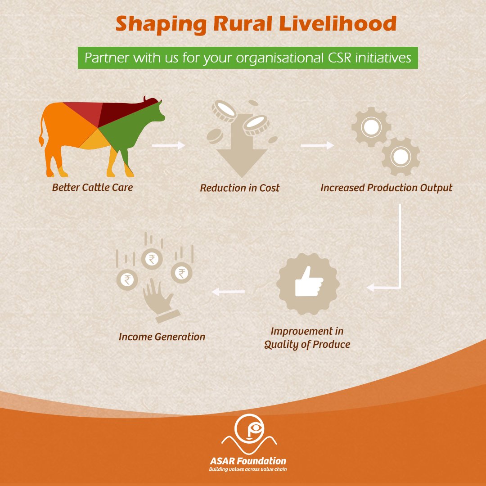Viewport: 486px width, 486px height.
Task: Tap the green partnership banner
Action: click(248, 58)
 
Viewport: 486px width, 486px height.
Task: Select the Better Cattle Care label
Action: click(92, 187)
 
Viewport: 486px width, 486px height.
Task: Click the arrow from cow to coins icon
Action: click(169, 145)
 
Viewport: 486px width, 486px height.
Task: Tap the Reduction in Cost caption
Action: click(239, 188)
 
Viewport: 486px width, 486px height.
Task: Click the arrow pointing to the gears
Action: click(317, 145)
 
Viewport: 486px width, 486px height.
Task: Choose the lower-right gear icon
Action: click(400, 157)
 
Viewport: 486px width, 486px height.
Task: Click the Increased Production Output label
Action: click(386, 188)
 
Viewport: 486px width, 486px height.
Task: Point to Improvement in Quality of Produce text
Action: click(307, 338)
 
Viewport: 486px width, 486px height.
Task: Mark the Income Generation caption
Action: click(162, 337)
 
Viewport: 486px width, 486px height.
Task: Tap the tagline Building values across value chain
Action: click(248, 469)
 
